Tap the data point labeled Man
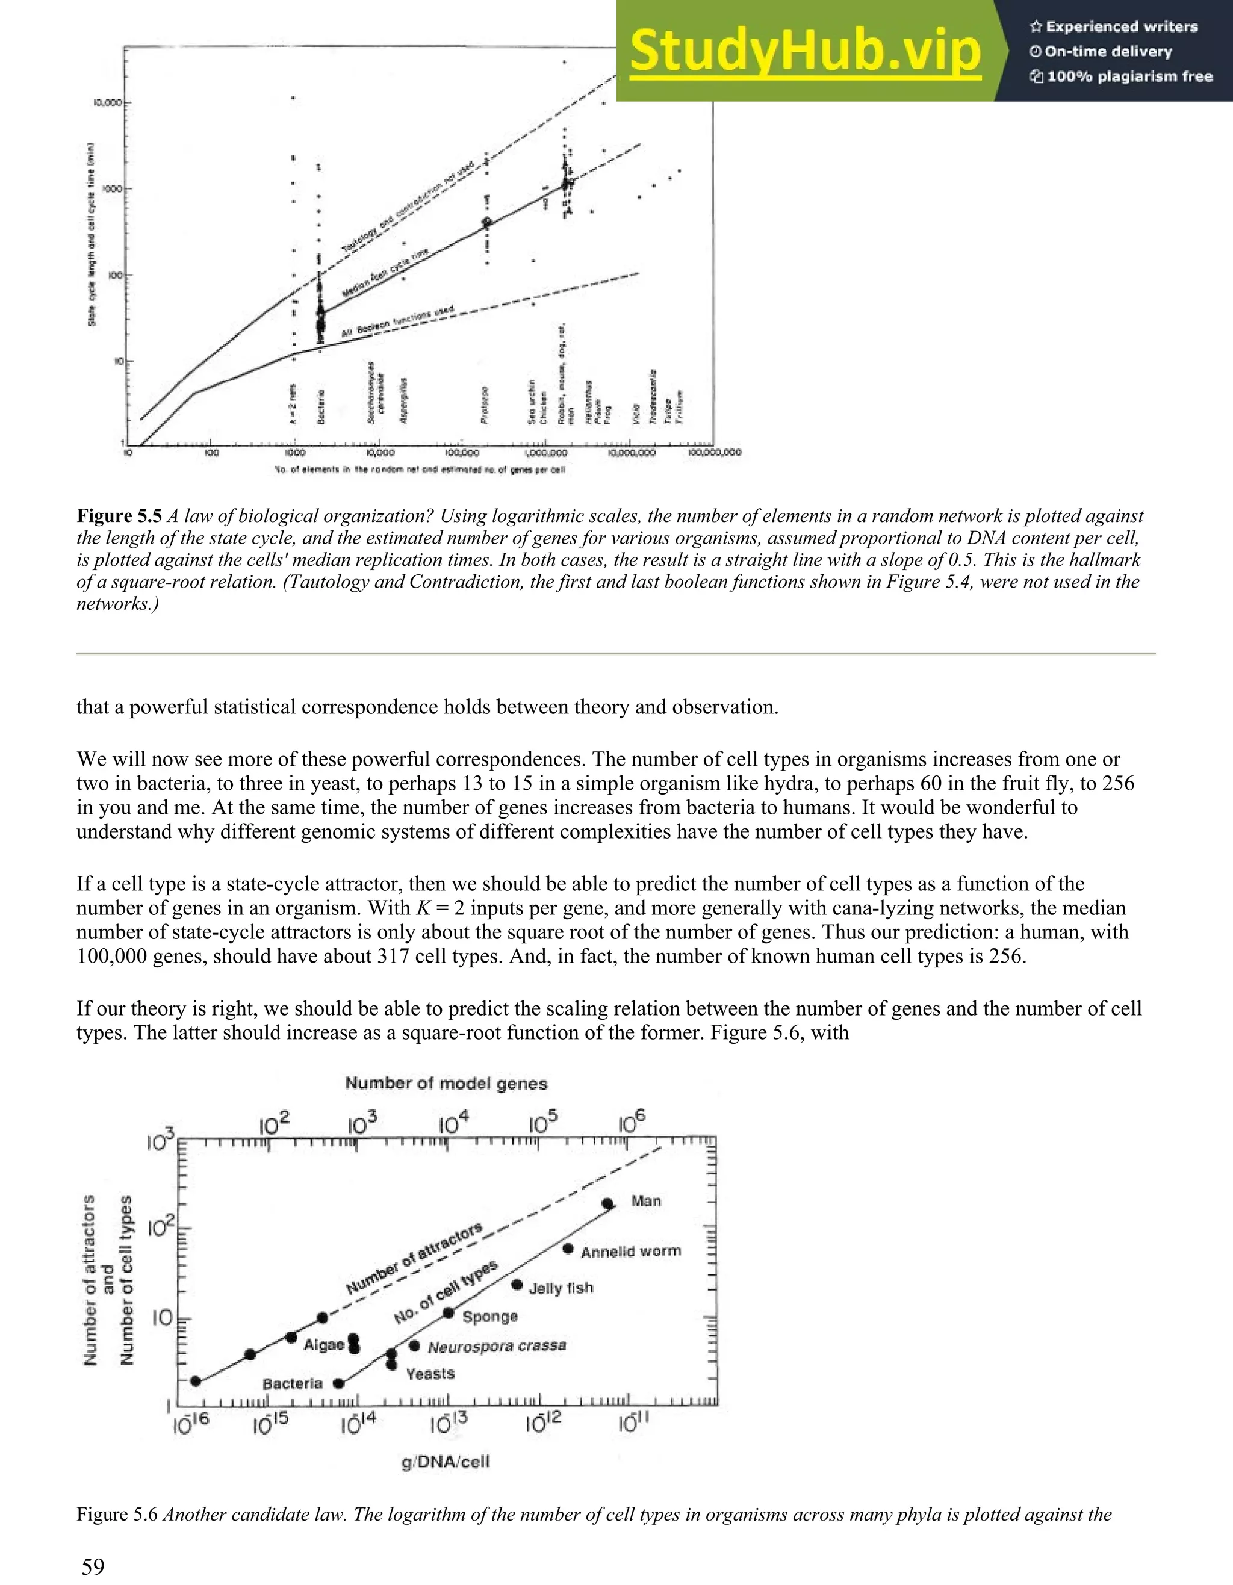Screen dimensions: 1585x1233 (x=607, y=1203)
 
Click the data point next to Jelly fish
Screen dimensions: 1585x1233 (x=517, y=1285)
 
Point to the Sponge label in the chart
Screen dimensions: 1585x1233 (x=490, y=1317)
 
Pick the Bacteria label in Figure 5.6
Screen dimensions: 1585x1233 (x=292, y=1383)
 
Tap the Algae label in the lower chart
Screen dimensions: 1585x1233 (x=324, y=1345)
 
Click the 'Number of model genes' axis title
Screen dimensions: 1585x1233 (x=446, y=1084)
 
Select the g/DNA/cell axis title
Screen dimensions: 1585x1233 (x=445, y=1462)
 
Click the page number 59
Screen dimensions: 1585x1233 (x=93, y=1567)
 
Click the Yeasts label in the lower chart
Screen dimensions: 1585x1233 (x=430, y=1374)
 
